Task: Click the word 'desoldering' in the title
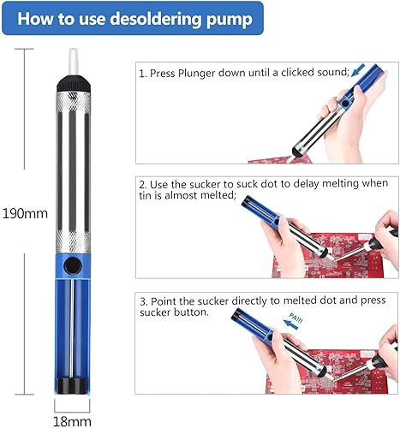[156, 19]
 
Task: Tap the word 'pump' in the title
[230, 21]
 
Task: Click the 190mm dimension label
[25, 214]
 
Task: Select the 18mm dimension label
[72, 421]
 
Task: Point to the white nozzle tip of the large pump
[74, 62]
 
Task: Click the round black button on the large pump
[73, 266]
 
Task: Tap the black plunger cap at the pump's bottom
[73, 385]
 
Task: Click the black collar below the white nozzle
[74, 84]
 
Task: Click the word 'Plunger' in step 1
[196, 74]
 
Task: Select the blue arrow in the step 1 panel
[358, 70]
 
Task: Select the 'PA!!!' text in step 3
[296, 318]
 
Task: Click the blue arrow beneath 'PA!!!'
[290, 324]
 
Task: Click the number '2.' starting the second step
[143, 185]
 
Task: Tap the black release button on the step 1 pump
[345, 104]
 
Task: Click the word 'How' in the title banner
[35, 19]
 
